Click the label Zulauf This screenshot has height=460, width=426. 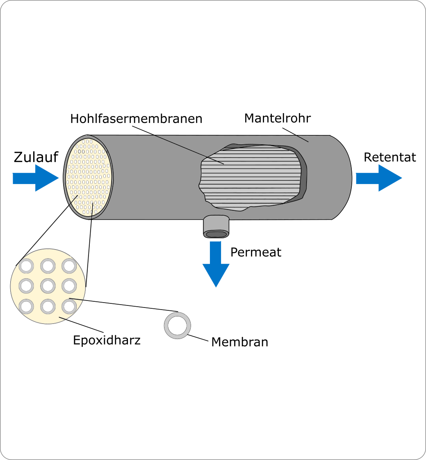[x=36, y=157]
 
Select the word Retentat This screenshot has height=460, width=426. [x=390, y=157]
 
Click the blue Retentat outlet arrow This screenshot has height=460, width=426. [x=378, y=178]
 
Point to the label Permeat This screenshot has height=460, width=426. [x=256, y=252]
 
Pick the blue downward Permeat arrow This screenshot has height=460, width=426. [x=216, y=264]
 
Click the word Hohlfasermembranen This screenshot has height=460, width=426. [x=136, y=119]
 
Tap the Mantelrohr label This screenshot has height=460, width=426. [x=278, y=118]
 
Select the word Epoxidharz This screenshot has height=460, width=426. [x=107, y=340]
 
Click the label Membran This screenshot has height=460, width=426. [x=239, y=342]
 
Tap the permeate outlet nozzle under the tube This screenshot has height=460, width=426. [x=216, y=227]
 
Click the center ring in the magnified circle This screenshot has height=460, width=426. [x=48, y=286]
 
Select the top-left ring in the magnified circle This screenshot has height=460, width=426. [x=27, y=266]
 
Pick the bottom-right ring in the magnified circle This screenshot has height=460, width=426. [x=69, y=306]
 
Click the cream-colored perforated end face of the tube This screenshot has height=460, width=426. [x=89, y=177]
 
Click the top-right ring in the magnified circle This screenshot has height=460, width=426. [x=69, y=266]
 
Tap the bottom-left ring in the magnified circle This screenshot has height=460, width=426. [x=27, y=306]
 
